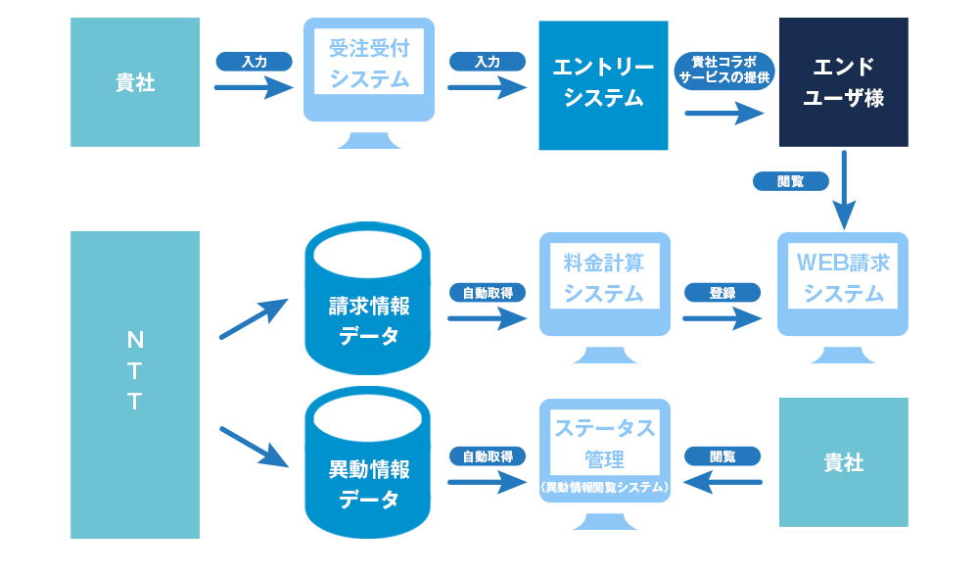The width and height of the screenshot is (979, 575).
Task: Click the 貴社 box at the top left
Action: pos(135,82)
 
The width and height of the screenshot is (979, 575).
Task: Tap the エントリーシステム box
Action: pos(603,84)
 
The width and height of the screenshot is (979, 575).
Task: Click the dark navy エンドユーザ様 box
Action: pos(843,82)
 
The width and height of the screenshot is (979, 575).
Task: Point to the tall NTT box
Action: pos(135,385)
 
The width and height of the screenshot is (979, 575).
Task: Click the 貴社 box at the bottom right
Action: pos(843,462)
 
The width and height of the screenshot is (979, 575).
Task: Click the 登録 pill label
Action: pos(723,292)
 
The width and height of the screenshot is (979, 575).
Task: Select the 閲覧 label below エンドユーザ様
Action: pos(791,181)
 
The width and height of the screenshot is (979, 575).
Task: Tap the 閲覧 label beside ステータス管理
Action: pos(723,456)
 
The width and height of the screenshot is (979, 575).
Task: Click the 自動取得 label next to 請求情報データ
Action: pos(488,292)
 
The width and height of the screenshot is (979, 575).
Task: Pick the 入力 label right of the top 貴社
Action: pos(255,62)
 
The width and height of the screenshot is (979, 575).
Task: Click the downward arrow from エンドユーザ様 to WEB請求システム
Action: pos(844,190)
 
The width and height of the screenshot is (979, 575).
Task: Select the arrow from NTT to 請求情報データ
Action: pos(253,318)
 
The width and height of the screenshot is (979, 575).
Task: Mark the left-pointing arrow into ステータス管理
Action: pos(723,481)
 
